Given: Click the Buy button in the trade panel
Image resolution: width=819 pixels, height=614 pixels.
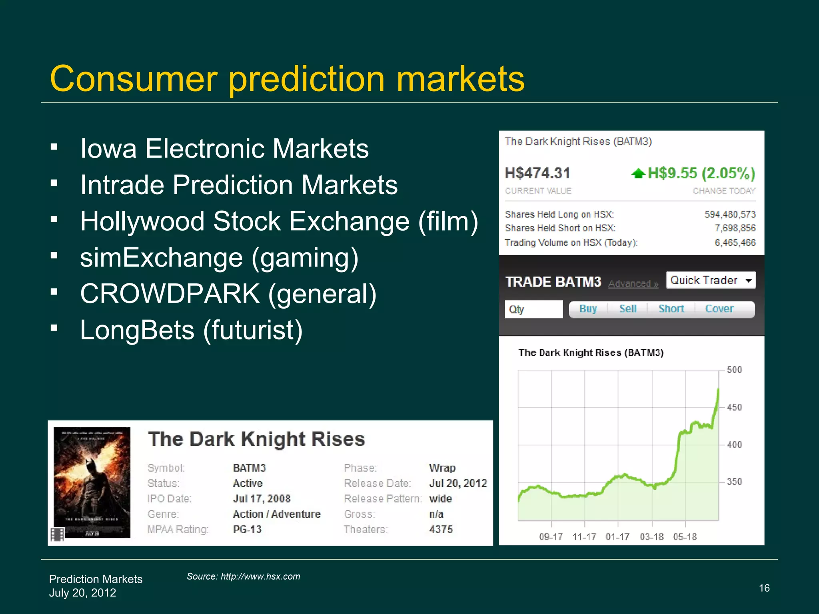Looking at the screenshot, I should [x=588, y=309].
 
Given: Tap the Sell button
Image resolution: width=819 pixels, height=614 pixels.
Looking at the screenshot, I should [x=628, y=309].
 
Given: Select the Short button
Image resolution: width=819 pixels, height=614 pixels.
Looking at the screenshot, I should [x=671, y=309].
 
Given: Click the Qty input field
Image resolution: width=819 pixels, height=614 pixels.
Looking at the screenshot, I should [x=533, y=309].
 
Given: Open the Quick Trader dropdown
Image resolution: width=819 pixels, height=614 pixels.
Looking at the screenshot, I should [x=711, y=280].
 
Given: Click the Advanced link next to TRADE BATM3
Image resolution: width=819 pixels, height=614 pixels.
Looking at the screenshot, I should [x=633, y=284].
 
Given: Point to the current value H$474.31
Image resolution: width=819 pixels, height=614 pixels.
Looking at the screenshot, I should [x=537, y=173].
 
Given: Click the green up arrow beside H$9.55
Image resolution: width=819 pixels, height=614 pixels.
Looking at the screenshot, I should [x=638, y=173].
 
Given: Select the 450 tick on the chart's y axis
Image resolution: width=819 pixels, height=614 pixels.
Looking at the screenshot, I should [x=734, y=407].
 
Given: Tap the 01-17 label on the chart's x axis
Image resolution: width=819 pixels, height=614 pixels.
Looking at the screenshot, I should [x=617, y=537].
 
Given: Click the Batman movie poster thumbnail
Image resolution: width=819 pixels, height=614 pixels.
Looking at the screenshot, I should [x=92, y=482].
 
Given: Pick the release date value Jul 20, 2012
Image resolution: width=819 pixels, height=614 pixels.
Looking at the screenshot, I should [x=458, y=483].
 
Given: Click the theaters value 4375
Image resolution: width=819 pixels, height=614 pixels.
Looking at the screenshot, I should [x=441, y=530].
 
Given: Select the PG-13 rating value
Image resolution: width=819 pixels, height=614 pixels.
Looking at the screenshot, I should [x=247, y=530].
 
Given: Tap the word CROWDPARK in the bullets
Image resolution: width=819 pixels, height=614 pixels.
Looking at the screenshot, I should [x=170, y=294].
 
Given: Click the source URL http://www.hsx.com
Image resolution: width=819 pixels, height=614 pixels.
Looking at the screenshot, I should [x=260, y=576].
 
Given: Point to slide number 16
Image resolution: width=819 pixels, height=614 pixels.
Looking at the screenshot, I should [x=764, y=588].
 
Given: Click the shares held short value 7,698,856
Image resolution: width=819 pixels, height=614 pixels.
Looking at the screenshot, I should [x=735, y=228].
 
